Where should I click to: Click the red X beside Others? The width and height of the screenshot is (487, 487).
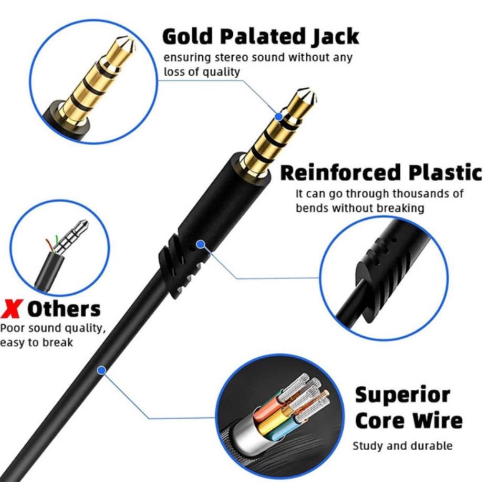11,309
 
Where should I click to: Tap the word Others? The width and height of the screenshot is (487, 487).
64,309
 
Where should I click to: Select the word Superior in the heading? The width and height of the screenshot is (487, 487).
402,395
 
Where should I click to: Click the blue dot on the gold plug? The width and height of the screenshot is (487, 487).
279,117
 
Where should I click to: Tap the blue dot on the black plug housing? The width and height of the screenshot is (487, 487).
201,244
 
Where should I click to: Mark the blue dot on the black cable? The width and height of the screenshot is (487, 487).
101,370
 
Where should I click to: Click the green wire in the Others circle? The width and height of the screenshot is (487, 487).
56,240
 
